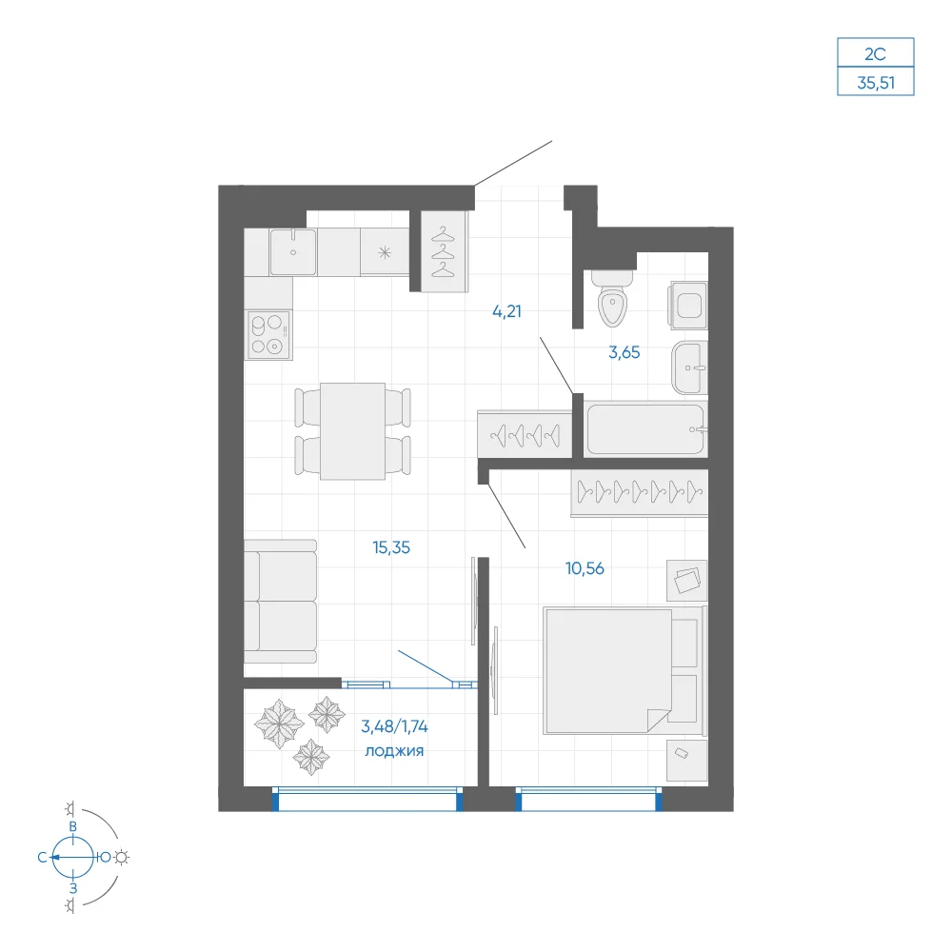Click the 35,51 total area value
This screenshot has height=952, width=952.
tap(876, 83)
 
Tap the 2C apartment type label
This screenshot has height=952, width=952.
tap(875, 54)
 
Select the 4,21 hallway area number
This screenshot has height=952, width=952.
tap(506, 311)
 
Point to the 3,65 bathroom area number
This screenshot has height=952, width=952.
tap(625, 352)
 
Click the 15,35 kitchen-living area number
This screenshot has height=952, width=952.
tap(391, 547)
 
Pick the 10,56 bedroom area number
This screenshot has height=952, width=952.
tap(585, 568)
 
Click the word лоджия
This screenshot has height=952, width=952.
tap(394, 751)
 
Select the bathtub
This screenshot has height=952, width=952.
tap(645, 429)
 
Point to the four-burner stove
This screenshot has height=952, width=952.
tap(268, 334)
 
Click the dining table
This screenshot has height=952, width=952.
tap(353, 431)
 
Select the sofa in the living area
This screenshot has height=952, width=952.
tap(281, 601)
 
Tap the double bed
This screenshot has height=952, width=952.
tap(625, 670)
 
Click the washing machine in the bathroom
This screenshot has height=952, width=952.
tap(688, 305)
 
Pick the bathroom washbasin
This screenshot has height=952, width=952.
tap(689, 367)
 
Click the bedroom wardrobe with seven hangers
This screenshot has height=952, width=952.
tap(640, 492)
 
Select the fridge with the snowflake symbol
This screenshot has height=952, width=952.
tap(385, 252)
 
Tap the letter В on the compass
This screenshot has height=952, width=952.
tap(73, 826)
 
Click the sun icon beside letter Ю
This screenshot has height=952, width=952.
tap(122, 858)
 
